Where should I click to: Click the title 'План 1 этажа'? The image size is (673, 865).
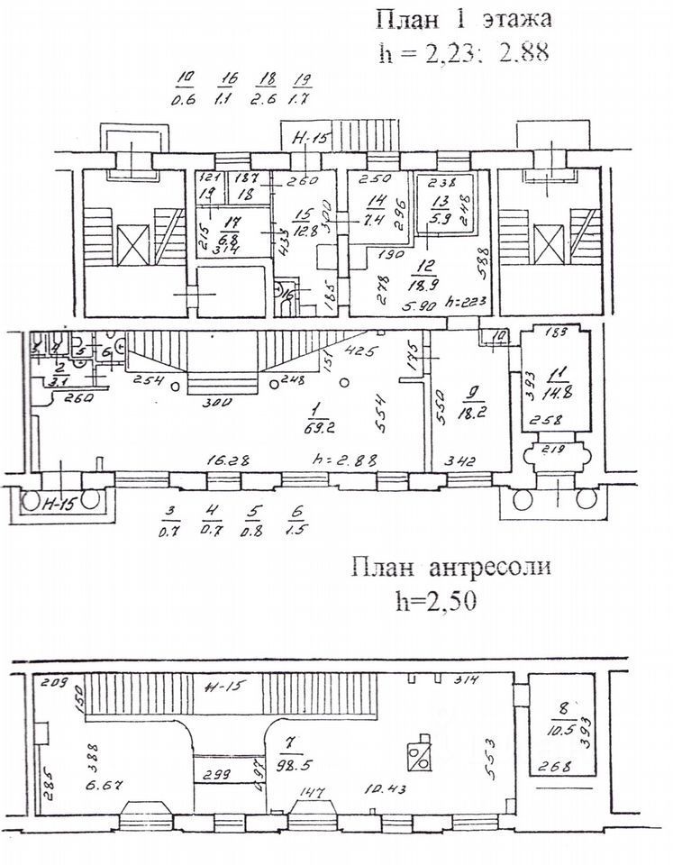point(462,19)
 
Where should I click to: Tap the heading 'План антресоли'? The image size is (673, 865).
point(450,568)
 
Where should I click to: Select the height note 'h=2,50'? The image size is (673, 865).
point(438,598)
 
